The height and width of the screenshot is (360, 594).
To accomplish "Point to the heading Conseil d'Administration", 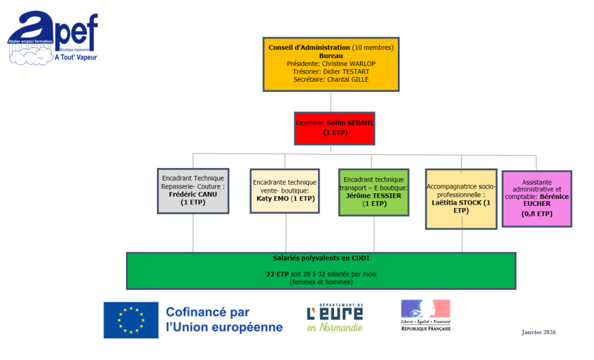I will (309, 48).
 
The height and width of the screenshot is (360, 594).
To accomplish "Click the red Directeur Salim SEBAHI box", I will (334, 127).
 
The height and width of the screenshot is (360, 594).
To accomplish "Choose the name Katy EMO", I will (271, 198).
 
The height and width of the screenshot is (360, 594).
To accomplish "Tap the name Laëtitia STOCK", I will (457, 202).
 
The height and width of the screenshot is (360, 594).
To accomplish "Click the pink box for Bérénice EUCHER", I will (537, 199).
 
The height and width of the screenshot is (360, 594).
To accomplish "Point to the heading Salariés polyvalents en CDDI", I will (321, 258).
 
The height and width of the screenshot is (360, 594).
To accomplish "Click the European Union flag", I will (130, 319).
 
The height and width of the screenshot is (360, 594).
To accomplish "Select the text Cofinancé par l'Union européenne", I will (224, 319).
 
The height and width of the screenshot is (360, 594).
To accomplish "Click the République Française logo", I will (425, 316).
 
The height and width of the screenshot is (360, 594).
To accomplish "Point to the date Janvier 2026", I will (538, 331).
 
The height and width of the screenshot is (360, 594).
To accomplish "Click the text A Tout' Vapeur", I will (76, 57).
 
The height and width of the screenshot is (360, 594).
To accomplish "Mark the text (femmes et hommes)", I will (321, 282).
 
